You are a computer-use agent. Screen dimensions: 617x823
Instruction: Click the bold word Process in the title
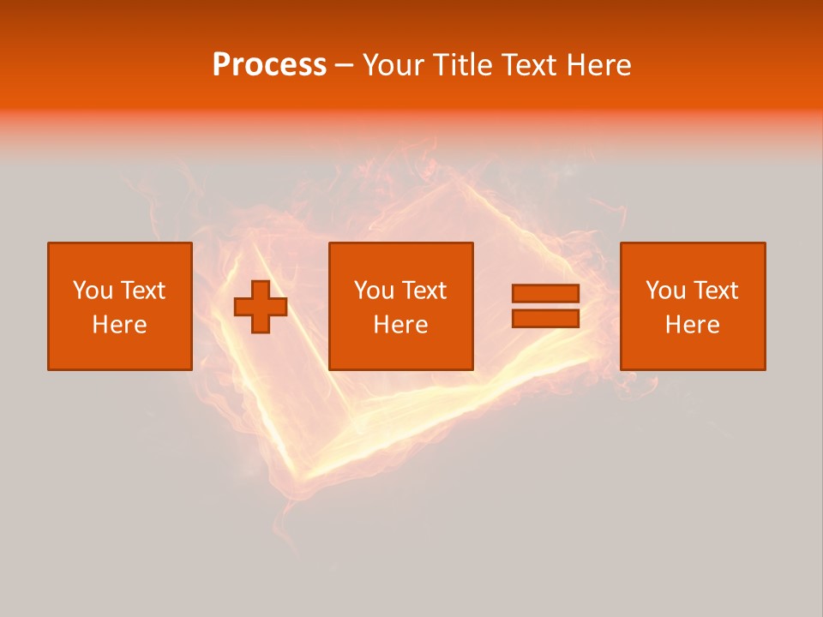click(269, 65)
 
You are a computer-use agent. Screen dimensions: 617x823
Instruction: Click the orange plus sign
click(261, 306)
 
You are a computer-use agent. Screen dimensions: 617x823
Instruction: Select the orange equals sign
click(545, 306)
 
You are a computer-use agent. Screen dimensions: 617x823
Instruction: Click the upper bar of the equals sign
click(545, 294)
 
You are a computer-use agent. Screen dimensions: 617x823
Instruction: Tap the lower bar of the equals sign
click(545, 319)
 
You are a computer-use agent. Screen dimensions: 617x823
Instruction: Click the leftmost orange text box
click(119, 306)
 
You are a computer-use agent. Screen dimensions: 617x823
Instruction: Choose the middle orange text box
click(400, 306)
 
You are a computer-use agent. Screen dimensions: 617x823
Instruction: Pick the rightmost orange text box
click(693, 306)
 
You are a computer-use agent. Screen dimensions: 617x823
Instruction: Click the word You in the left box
click(93, 291)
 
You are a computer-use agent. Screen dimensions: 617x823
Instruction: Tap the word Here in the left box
click(119, 325)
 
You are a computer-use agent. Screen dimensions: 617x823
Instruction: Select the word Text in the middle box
click(424, 291)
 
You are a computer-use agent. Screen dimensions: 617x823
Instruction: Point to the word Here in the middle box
click(400, 325)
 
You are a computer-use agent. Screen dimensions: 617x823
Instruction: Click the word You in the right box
click(665, 291)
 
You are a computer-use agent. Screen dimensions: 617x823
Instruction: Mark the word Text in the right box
click(716, 291)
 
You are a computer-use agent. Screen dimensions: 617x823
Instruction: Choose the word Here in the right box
click(693, 325)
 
